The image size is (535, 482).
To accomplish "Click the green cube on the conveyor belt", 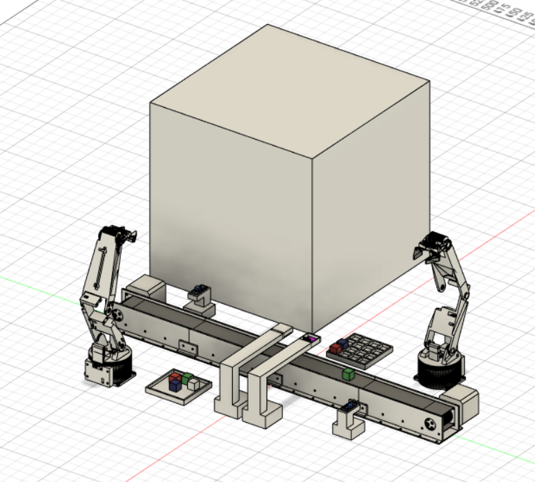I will click(x=348, y=374).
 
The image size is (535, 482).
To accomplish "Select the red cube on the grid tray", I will click(x=335, y=348).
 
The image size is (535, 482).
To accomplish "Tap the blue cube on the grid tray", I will click(x=342, y=343).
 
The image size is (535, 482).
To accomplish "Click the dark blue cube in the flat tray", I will click(x=175, y=385).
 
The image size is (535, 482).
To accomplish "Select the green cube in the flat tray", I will click(x=187, y=377).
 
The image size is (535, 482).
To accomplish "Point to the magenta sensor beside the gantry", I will click(x=309, y=338).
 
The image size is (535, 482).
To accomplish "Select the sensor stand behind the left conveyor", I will click(x=199, y=296).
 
